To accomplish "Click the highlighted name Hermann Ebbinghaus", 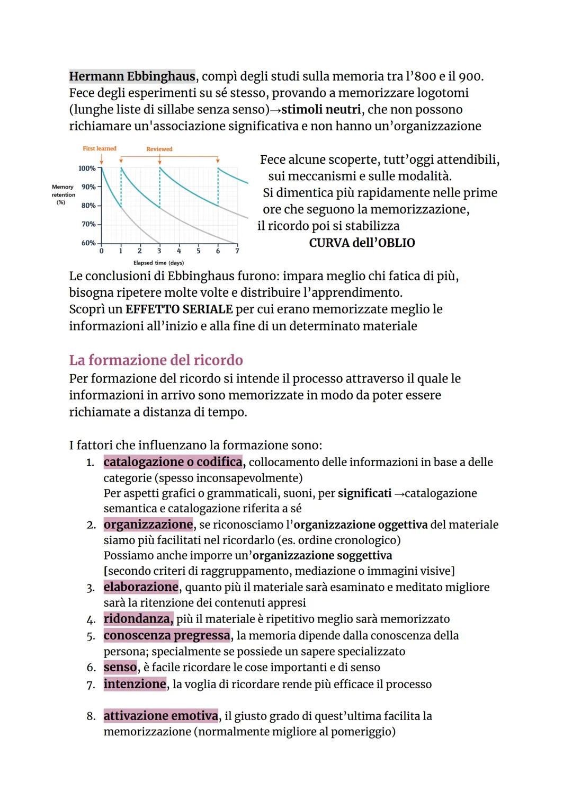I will pyautogui.click(x=132, y=76).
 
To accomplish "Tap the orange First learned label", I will pyautogui.click(x=100, y=148).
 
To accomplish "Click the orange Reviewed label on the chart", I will pyautogui.click(x=159, y=149).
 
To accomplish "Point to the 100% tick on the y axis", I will pyautogui.click(x=87, y=168).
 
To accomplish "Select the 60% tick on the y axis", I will pyautogui.click(x=88, y=243).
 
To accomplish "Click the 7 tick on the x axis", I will pyautogui.click(x=237, y=251).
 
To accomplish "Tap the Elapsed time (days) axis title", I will pyautogui.click(x=158, y=263).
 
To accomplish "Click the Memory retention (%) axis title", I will pyautogui.click(x=63, y=194).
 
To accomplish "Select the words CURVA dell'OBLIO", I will pyautogui.click(x=362, y=243).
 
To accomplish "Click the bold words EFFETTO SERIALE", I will pyautogui.click(x=179, y=309).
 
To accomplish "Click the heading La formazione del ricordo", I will pyautogui.click(x=156, y=360).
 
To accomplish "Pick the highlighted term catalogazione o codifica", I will pyautogui.click(x=173, y=462).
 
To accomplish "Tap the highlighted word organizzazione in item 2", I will pyautogui.click(x=148, y=525).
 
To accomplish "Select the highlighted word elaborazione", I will pyautogui.click(x=141, y=587).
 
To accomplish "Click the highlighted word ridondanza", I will pyautogui.click(x=138, y=619).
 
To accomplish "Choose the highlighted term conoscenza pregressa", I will pyautogui.click(x=167, y=635).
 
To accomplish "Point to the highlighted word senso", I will pyautogui.click(x=120, y=667).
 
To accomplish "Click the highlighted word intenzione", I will pyautogui.click(x=135, y=684).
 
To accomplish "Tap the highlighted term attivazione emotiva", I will pyautogui.click(x=160, y=716).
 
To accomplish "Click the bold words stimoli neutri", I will pyautogui.click(x=321, y=110).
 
